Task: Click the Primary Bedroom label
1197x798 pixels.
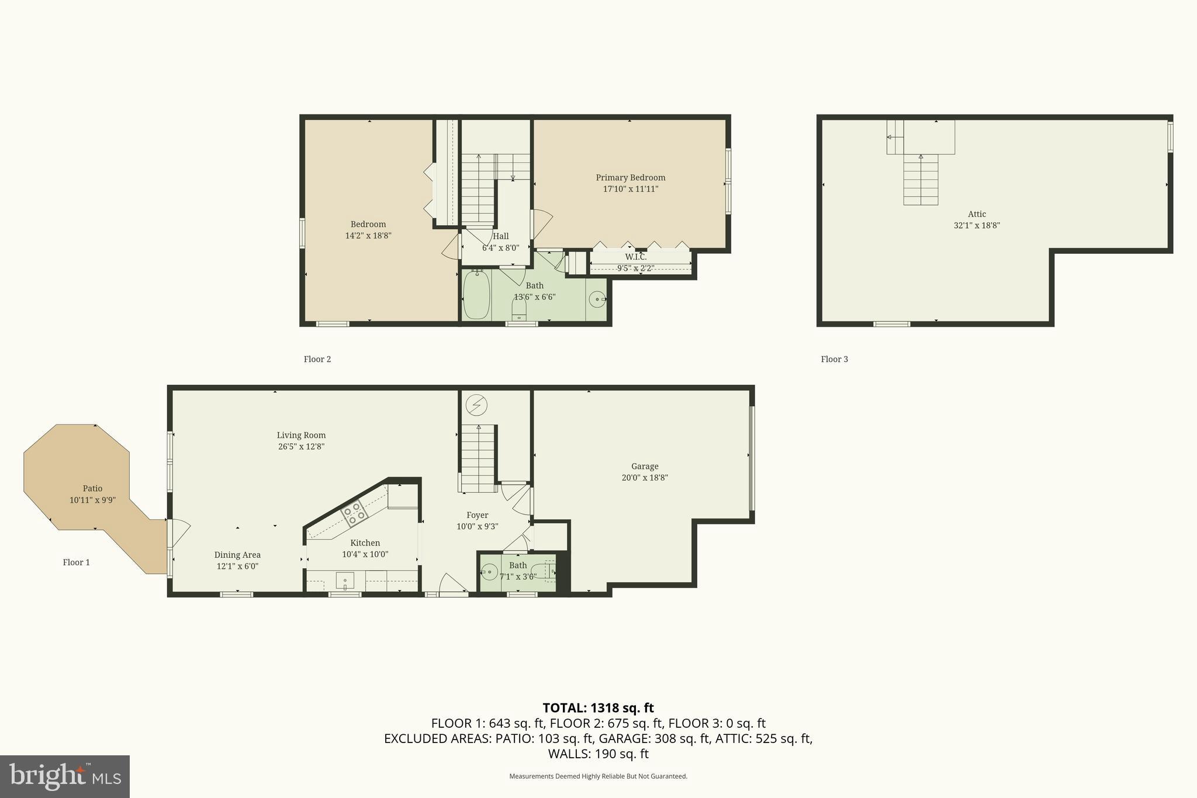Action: pos(630,178)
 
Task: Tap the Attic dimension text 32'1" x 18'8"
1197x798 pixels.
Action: pos(977,225)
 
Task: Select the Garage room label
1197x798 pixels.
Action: pos(645,467)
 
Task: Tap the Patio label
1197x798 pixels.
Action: pos(92,489)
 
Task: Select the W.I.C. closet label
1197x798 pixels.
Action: pos(635,257)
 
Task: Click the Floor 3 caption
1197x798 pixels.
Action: pos(834,359)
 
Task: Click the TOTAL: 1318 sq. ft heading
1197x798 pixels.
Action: pos(598,708)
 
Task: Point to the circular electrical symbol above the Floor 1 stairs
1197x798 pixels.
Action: pos(477,405)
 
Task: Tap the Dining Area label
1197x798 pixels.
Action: pos(237,555)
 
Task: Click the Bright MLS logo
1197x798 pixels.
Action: pos(65,776)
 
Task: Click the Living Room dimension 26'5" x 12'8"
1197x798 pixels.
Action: pos(301,447)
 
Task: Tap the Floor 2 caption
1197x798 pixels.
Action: pos(317,359)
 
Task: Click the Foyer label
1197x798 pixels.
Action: pos(477,515)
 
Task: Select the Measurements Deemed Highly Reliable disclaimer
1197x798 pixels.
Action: pos(598,776)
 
